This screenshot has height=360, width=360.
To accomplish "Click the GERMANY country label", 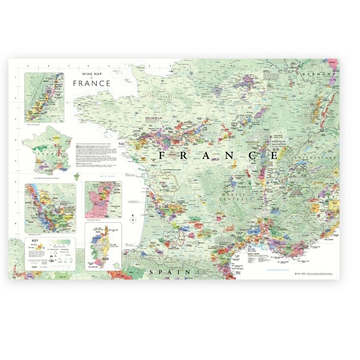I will [x=318, y=73].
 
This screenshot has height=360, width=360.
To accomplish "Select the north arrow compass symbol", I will [x=132, y=219].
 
